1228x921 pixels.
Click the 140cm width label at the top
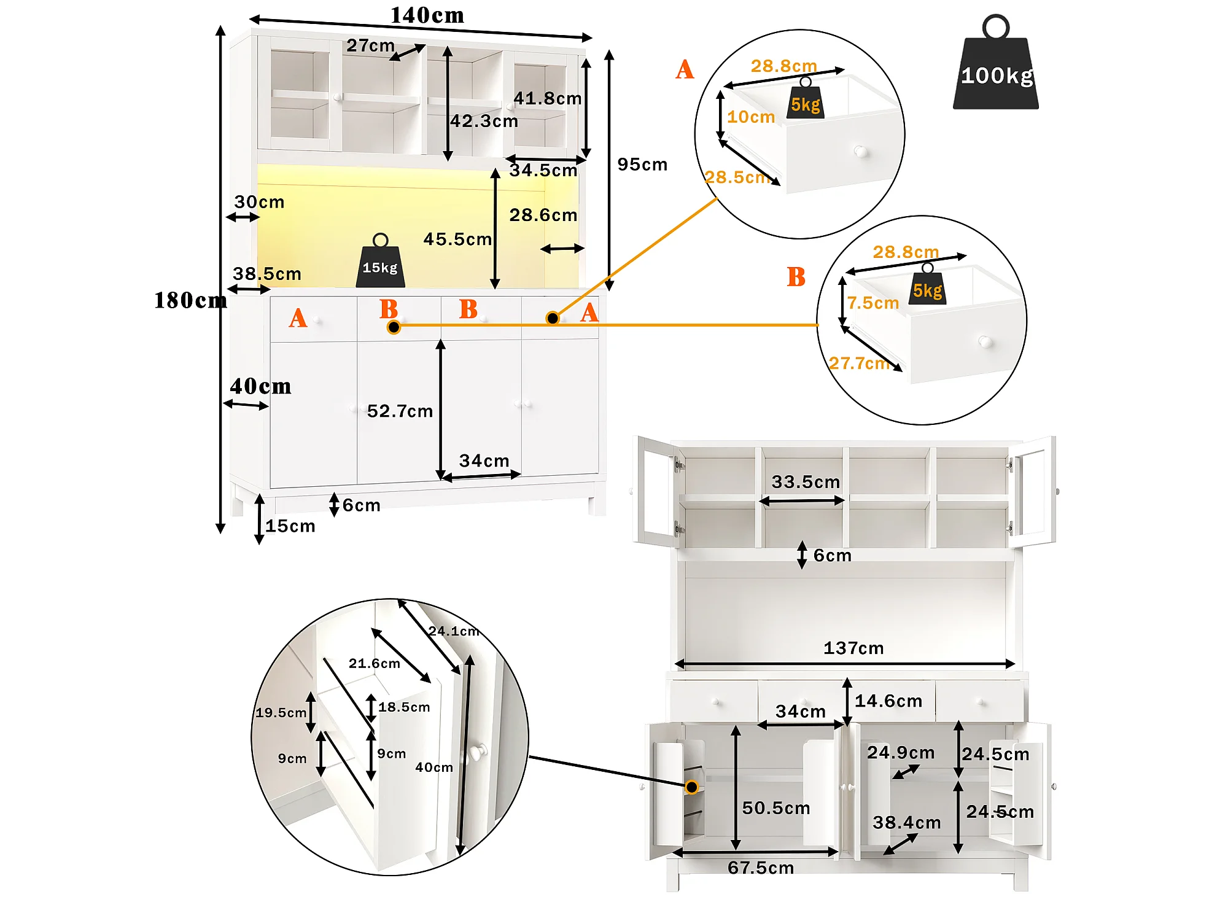tap(427, 15)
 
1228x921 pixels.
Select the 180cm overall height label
tap(190, 300)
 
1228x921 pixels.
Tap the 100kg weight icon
tap(995, 62)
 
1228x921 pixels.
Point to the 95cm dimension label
tap(642, 165)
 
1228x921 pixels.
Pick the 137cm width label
tap(853, 648)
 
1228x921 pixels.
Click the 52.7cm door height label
tap(400, 411)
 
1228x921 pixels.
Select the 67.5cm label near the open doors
tap(761, 868)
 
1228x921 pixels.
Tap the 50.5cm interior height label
tap(776, 808)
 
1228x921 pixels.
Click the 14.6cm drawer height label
tap(888, 701)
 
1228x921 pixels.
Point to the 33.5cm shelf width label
tap(806, 482)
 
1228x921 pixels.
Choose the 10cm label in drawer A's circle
tap(751, 117)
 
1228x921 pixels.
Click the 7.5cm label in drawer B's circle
tap(873, 303)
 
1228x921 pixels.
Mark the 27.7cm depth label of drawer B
tap(859, 363)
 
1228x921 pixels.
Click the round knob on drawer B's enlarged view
tap(985, 341)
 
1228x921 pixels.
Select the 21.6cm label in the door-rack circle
tap(375, 663)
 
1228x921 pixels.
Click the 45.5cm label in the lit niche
tap(457, 239)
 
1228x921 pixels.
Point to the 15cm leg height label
tap(290, 526)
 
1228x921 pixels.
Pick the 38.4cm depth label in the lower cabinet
tap(907, 822)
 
